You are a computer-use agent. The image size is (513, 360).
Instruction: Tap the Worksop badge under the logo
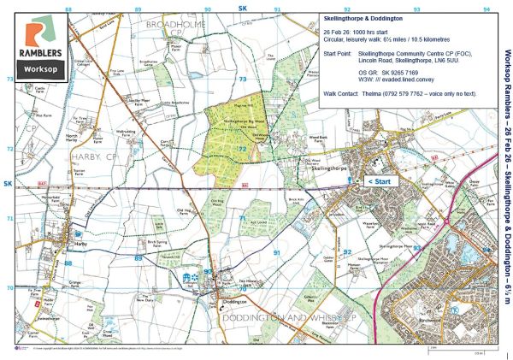click(x=39, y=66)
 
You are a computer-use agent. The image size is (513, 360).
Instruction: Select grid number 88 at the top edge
click(x=68, y=7)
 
